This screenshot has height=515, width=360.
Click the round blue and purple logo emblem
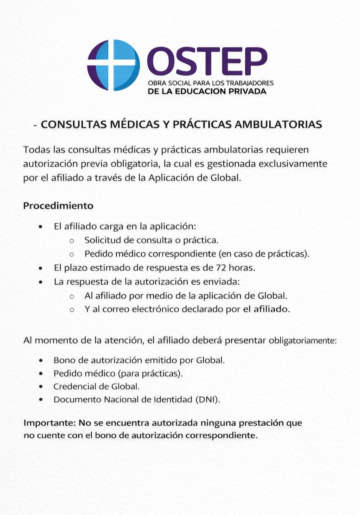click(113, 65)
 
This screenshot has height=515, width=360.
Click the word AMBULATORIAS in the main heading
click(278, 124)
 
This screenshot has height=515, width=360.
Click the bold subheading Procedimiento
click(58, 205)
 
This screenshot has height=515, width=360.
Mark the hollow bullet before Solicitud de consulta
click(71, 240)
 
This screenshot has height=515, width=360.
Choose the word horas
click(242, 268)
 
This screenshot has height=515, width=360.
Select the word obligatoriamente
click(303, 341)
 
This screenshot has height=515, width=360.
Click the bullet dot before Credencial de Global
click(41, 387)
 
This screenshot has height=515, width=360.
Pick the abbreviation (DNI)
click(208, 400)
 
